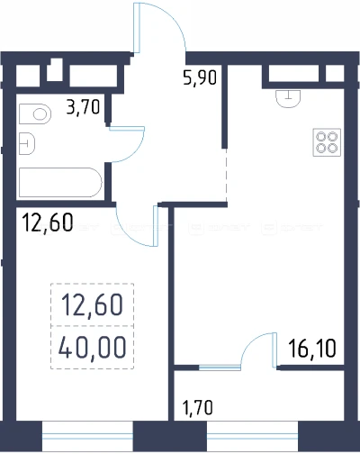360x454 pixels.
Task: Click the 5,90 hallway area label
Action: pos(200,78)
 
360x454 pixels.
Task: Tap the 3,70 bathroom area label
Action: pos(83,107)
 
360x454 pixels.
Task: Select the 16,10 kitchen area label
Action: pos(312,349)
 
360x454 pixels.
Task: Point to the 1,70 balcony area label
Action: pos(198,408)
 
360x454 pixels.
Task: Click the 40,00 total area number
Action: pos(92,348)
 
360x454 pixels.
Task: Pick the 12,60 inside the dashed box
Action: pos(92,304)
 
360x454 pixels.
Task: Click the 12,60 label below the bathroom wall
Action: pos(48,222)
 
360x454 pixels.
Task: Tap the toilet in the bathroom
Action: pos(35,114)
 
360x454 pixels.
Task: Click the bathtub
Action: pos(60,183)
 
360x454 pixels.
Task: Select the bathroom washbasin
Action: pos(27,143)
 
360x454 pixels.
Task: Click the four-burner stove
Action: pos(327,142)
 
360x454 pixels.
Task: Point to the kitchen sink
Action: pos(288,98)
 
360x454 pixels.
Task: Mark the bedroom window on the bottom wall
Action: pos(87,437)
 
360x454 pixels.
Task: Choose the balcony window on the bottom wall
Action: pos(252,437)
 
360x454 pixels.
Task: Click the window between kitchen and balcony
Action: pos(220,368)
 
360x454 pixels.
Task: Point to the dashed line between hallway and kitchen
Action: pos(226,175)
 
